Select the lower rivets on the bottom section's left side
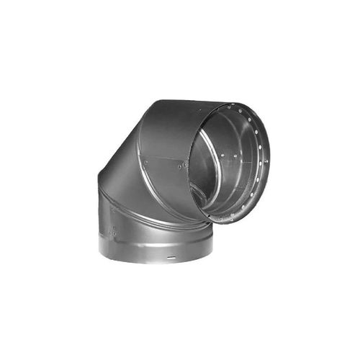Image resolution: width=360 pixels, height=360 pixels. [113, 232]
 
